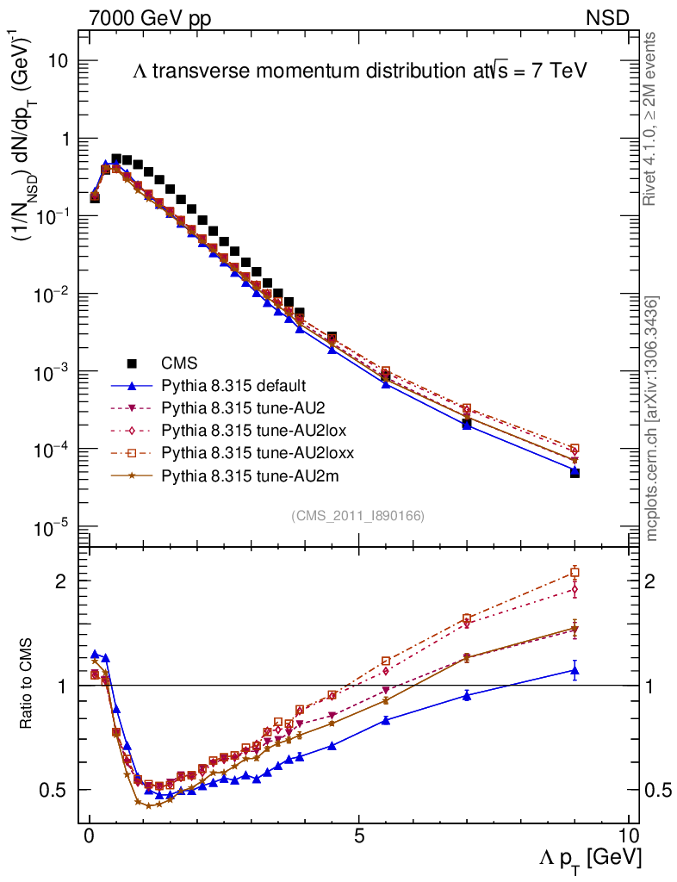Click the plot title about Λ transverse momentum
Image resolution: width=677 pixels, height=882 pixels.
[359, 71]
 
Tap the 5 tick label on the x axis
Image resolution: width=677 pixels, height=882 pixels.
[359, 837]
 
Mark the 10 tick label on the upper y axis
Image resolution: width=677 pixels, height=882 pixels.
[58, 61]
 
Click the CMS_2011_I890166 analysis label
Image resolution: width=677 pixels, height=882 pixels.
[357, 515]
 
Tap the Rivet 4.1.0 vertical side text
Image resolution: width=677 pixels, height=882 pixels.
[650, 118]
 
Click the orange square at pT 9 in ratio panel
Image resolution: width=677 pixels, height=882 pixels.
[575, 572]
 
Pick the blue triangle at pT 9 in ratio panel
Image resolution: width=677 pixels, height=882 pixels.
[575, 670]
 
